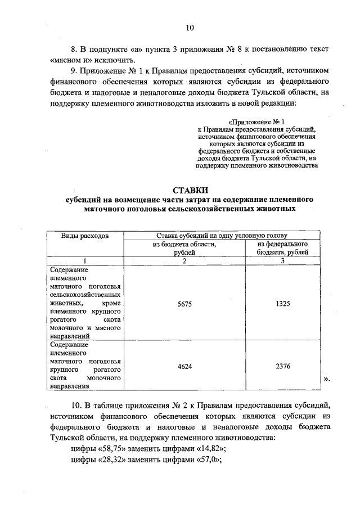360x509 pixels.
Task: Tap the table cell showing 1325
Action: point(282,303)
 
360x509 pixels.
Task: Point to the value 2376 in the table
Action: point(282,366)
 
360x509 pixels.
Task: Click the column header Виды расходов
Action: point(85,236)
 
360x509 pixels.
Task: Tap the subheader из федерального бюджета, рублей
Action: point(282,249)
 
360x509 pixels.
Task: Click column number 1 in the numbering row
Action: point(85,260)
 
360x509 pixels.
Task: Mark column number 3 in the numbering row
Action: point(282,260)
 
